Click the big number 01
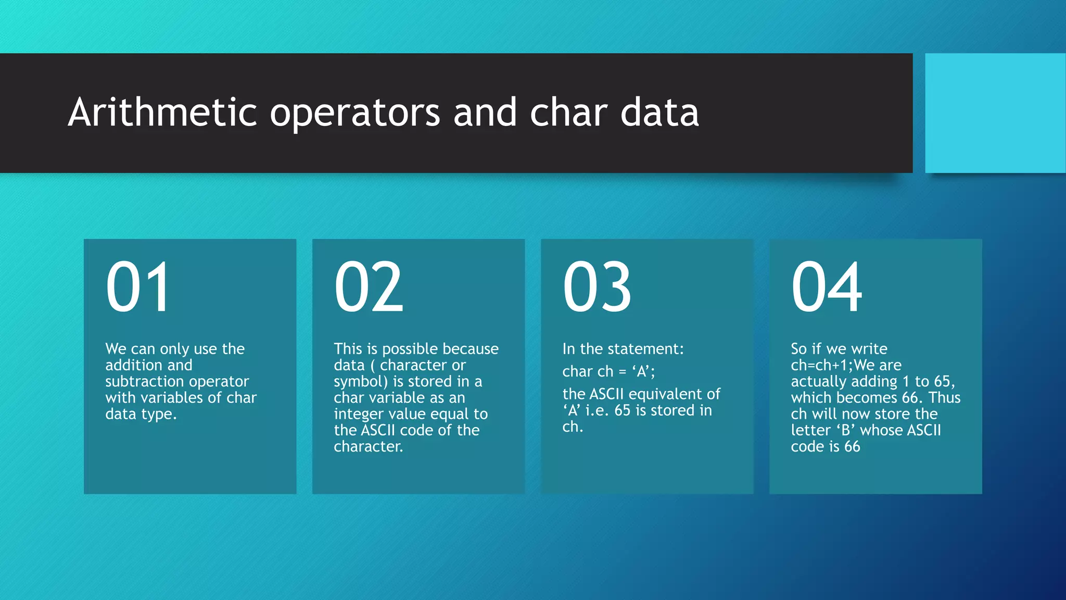[138, 287]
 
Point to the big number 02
[369, 287]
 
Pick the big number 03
[597, 287]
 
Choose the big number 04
[827, 287]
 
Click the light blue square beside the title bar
[995, 113]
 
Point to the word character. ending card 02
[368, 446]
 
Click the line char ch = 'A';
[608, 371]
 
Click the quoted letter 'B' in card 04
[846, 430]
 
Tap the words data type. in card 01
[141, 414]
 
